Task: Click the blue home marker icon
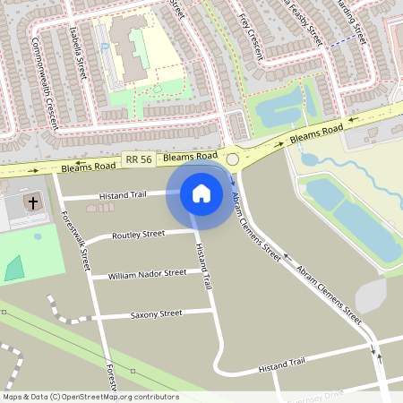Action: pyautogui.click(x=201, y=193)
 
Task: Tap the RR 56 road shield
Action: pyautogui.click(x=138, y=159)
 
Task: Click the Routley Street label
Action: pyautogui.click(x=139, y=235)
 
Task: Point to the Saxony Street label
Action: pyautogui.click(x=156, y=313)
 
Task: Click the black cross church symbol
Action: pyautogui.click(x=33, y=202)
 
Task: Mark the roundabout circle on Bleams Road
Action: pyautogui.click(x=233, y=159)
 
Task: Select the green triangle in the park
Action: pyautogui.click(x=14, y=268)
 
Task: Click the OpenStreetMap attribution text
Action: pyautogui.click(x=90, y=396)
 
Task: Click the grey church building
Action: pyautogui.click(x=22, y=206)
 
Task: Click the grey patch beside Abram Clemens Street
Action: pyautogui.click(x=370, y=295)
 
